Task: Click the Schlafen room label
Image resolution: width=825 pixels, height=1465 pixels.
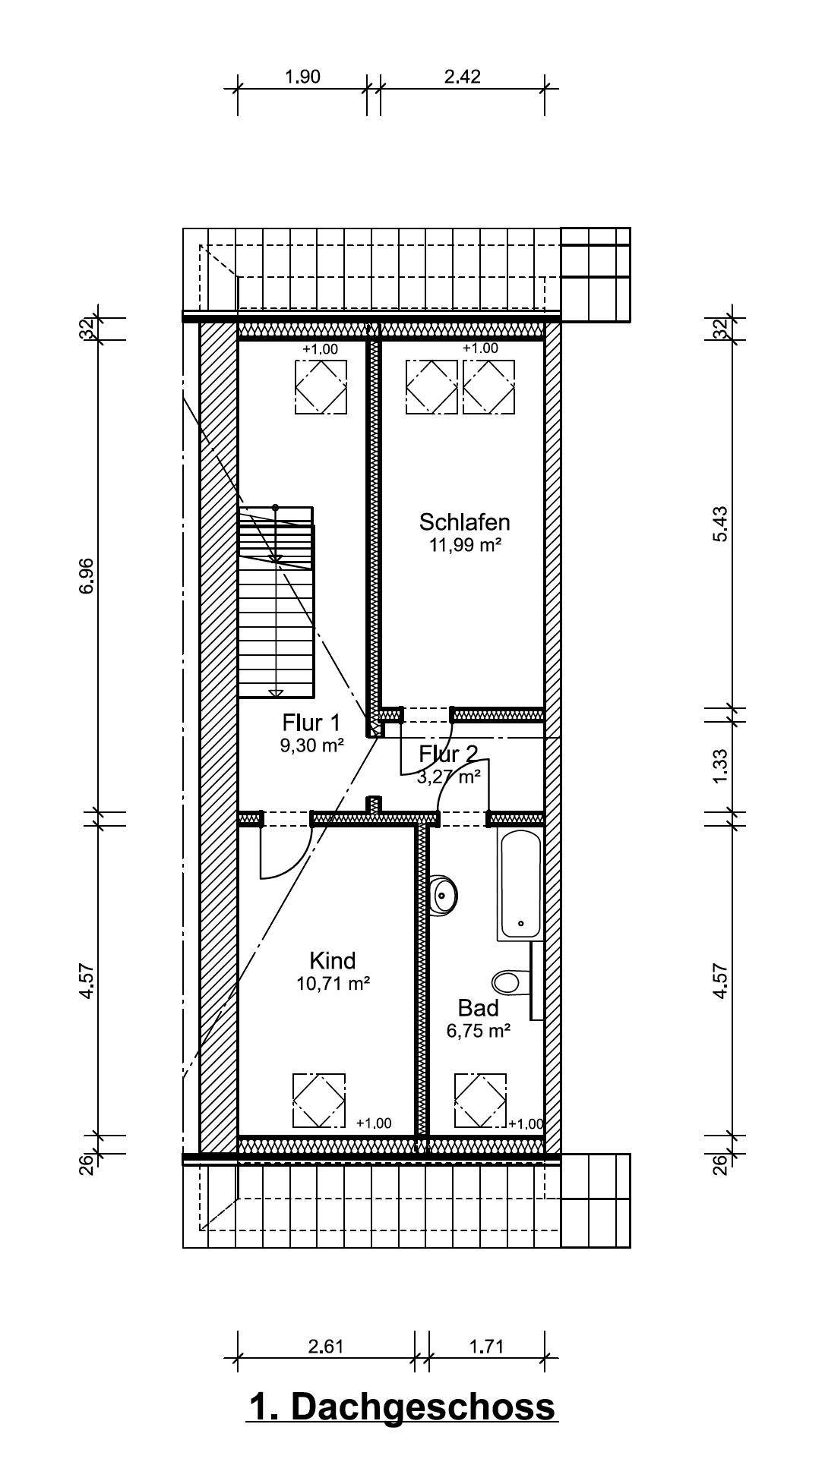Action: (464, 522)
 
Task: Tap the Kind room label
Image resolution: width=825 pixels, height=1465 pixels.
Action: (333, 961)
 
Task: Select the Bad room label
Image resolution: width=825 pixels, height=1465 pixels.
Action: (479, 1008)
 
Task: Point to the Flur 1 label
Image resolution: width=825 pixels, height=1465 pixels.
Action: (311, 722)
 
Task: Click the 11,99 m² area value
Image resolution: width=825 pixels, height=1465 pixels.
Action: (465, 546)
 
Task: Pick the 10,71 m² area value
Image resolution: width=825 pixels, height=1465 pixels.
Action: (333, 985)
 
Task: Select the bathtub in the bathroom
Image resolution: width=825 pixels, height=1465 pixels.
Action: (520, 884)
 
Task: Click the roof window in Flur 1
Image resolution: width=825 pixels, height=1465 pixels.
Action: (321, 386)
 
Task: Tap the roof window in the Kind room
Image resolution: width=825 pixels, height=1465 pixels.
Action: (319, 1101)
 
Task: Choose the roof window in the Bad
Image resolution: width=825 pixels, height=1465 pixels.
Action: (480, 1101)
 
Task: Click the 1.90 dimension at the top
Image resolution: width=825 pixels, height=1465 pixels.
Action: (302, 77)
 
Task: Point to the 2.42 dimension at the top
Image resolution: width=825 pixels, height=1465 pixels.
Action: (463, 77)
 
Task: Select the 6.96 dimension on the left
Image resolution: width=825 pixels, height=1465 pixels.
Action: (87, 576)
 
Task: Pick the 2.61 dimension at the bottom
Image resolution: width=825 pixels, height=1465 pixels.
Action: (326, 1347)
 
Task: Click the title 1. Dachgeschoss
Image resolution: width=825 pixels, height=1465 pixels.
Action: (403, 1407)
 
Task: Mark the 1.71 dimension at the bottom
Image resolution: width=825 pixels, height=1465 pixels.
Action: (486, 1347)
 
